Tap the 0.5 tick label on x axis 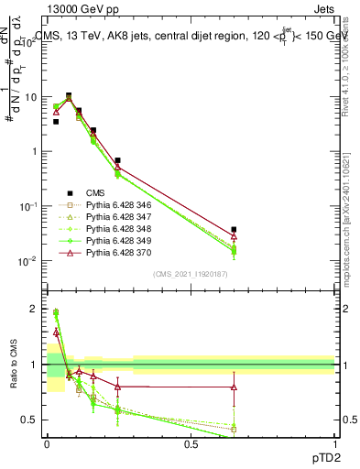click(x=191, y=443)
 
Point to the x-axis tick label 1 click(x=335, y=443)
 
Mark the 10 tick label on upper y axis click(x=31, y=97)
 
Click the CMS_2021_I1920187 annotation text click(x=190, y=274)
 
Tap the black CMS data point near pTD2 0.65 click(x=234, y=229)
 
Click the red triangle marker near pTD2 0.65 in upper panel click(x=234, y=236)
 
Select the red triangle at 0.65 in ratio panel click(x=234, y=387)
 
